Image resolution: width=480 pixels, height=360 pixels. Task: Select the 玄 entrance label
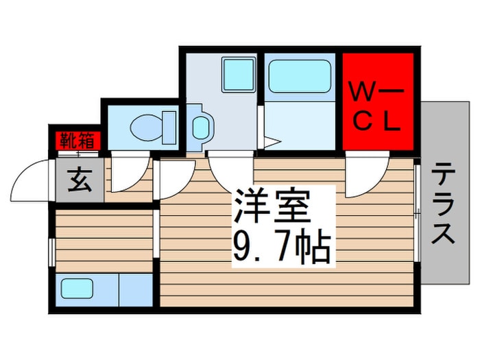point(80,180)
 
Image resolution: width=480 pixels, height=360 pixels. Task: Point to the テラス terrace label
point(443,203)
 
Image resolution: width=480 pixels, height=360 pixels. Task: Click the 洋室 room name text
point(272,206)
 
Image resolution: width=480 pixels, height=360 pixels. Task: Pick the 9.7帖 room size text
point(283,247)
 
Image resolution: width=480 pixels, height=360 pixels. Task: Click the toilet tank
point(169,128)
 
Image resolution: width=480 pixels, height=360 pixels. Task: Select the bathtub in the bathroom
point(300,76)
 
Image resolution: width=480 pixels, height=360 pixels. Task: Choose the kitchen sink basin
point(77,289)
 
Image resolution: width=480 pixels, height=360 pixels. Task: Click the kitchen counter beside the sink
point(136,290)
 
